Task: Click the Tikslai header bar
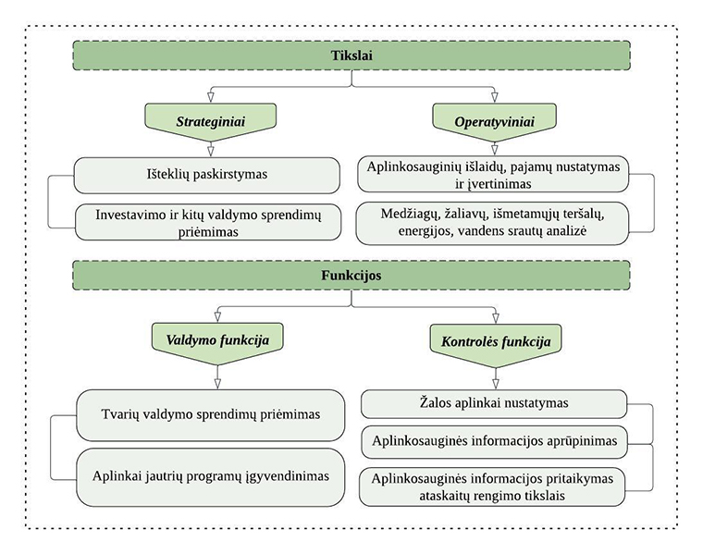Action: [x=351, y=56]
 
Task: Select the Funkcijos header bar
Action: [x=351, y=276]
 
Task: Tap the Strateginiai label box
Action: [x=211, y=121]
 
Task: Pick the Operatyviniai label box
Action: [x=493, y=121]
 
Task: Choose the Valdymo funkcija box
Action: [x=216, y=340]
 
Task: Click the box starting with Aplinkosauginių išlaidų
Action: [x=493, y=174]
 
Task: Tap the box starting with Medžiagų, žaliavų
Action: [x=493, y=223]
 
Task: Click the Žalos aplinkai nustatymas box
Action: [x=493, y=403]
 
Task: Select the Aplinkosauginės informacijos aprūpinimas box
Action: [x=493, y=440]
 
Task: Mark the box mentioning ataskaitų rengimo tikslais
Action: [x=493, y=486]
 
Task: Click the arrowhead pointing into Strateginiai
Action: [x=211, y=97]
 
